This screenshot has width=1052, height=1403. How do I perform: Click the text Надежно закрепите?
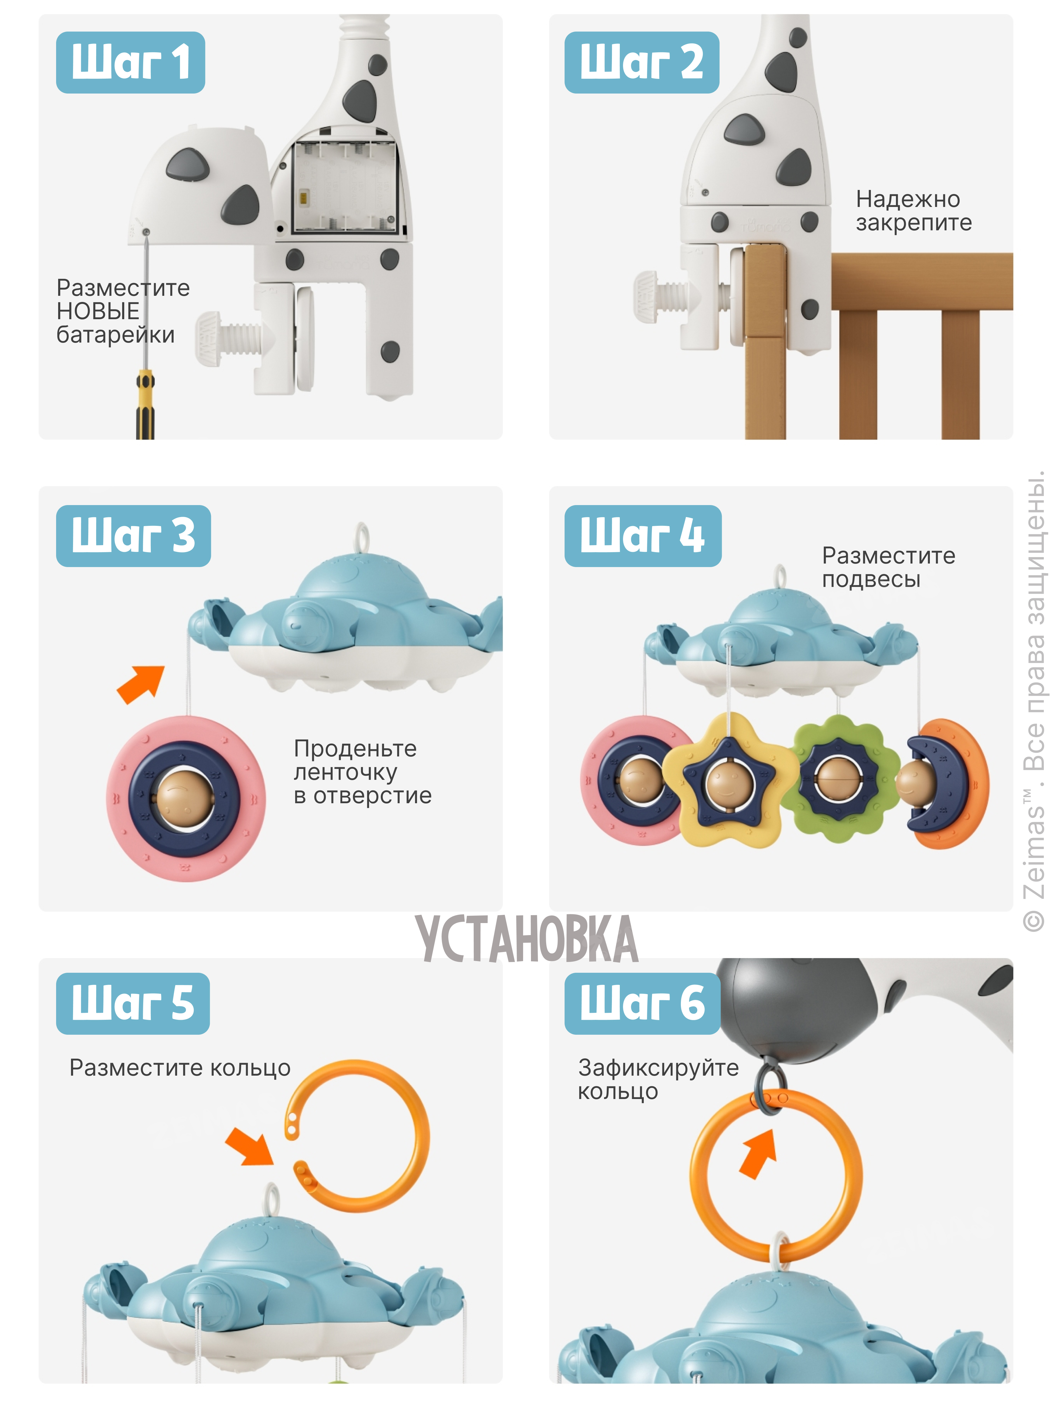point(913,210)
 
